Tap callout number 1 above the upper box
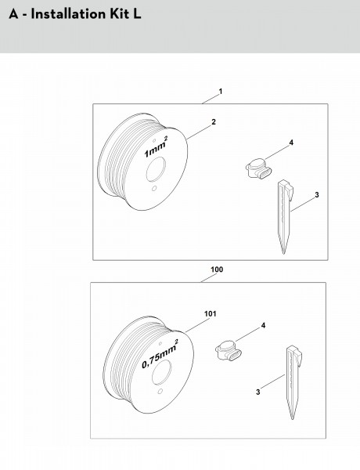pos(221,92)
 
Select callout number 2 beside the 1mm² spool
pos(213,122)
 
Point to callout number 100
pos(217,269)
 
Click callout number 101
pos(210,314)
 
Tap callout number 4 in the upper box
pos(291,143)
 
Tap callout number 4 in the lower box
pos(263,325)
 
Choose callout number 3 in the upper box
pos(317,195)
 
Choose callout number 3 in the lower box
pos(258,392)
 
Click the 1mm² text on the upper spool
pos(156,147)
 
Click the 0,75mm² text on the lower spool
pos(160,354)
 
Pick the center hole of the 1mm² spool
pos(156,169)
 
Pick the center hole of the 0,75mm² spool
pos(162,372)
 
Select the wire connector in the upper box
pos(259,168)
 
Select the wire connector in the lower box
pos(229,351)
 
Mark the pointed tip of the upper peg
pos(283,254)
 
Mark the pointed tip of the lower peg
pos(293,419)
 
